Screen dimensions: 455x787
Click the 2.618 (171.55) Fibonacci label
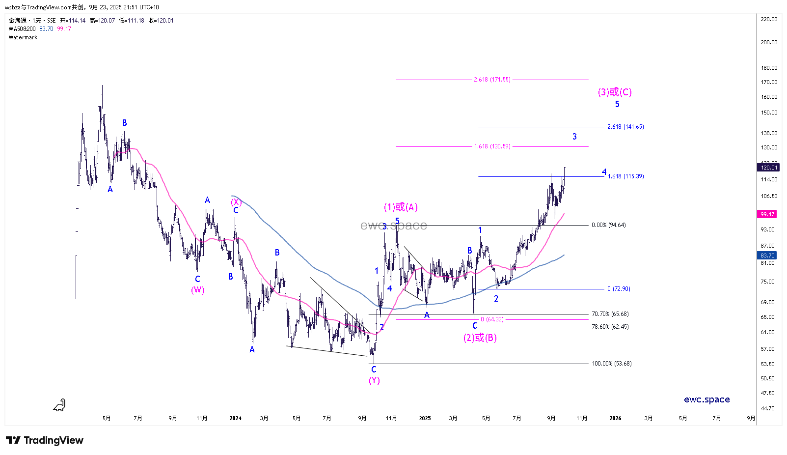[492, 80]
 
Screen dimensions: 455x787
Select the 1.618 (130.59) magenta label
[492, 146]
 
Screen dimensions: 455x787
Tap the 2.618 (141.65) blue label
[625, 127]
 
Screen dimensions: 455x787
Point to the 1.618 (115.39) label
[625, 176]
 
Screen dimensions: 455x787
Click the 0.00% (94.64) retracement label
[608, 225]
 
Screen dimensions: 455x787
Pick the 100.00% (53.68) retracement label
[611, 364]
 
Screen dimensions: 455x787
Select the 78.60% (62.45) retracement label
[610, 327]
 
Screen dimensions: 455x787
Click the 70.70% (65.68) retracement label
[610, 314]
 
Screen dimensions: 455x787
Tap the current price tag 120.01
[768, 168]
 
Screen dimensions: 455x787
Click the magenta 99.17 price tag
[767, 214]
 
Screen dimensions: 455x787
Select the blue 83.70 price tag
[767, 256]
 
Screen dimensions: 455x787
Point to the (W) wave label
[198, 290]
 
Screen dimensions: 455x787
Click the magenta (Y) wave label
[374, 380]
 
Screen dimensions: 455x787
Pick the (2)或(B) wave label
[480, 338]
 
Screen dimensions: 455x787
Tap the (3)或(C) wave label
[615, 92]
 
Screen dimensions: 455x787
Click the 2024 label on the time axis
[236, 419]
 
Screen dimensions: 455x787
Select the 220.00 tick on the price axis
[769, 19]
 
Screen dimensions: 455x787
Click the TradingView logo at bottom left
[45, 440]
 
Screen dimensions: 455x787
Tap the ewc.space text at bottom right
[706, 399]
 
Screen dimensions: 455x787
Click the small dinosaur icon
[59, 405]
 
